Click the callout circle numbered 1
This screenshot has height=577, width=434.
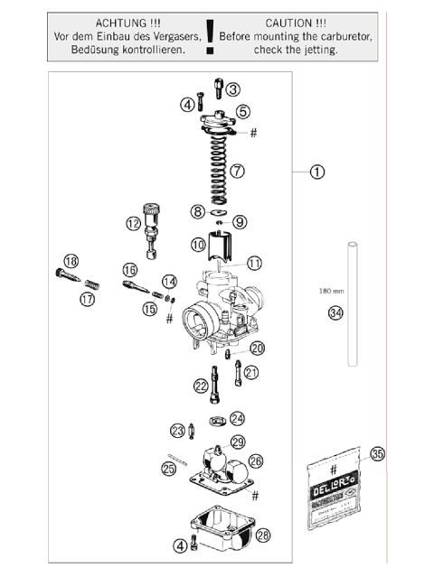click(317, 171)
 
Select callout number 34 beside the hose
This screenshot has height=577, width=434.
click(335, 313)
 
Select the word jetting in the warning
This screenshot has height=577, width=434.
click(318, 50)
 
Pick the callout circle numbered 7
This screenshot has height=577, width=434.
click(237, 169)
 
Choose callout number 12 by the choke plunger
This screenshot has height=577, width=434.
click(134, 223)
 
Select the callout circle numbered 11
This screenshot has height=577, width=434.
click(254, 263)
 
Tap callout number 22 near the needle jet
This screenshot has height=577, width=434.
click(200, 386)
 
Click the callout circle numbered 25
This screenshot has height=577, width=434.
click(167, 467)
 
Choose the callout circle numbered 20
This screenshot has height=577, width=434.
click(258, 348)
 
